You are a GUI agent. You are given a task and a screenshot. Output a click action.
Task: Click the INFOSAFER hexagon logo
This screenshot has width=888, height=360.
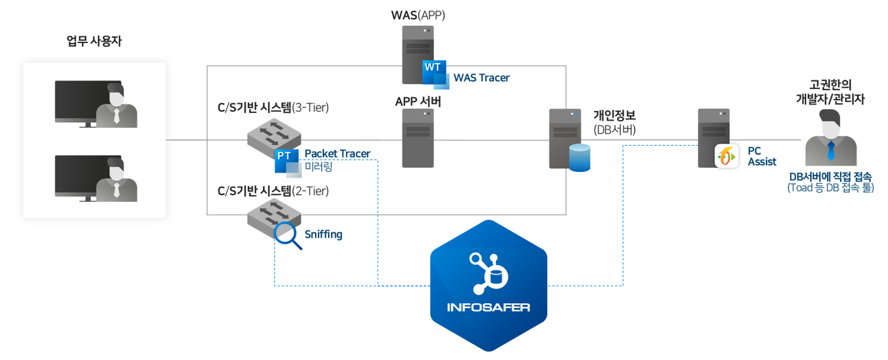488,286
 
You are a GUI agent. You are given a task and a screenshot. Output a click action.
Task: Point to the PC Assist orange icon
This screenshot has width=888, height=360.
726,156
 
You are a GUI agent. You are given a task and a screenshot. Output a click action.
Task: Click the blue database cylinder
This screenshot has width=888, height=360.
579,157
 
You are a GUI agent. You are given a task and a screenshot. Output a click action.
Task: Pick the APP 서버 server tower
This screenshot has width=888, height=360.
418,137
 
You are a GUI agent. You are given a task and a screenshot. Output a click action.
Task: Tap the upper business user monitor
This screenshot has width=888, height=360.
88,103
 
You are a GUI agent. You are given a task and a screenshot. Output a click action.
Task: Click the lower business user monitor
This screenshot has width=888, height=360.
88,178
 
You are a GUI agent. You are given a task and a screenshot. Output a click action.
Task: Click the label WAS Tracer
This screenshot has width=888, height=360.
481,78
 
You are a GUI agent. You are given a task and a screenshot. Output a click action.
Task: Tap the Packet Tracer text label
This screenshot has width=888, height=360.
337,153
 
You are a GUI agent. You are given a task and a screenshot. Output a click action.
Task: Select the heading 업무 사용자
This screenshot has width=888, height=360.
94,41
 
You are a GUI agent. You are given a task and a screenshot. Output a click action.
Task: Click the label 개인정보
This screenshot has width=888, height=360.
614,115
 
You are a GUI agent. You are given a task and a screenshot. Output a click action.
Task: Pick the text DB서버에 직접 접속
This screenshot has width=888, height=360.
830,176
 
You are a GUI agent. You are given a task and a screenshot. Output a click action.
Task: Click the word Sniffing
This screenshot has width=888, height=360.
323,234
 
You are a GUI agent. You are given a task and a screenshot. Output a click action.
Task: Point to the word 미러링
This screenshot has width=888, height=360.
318,167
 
